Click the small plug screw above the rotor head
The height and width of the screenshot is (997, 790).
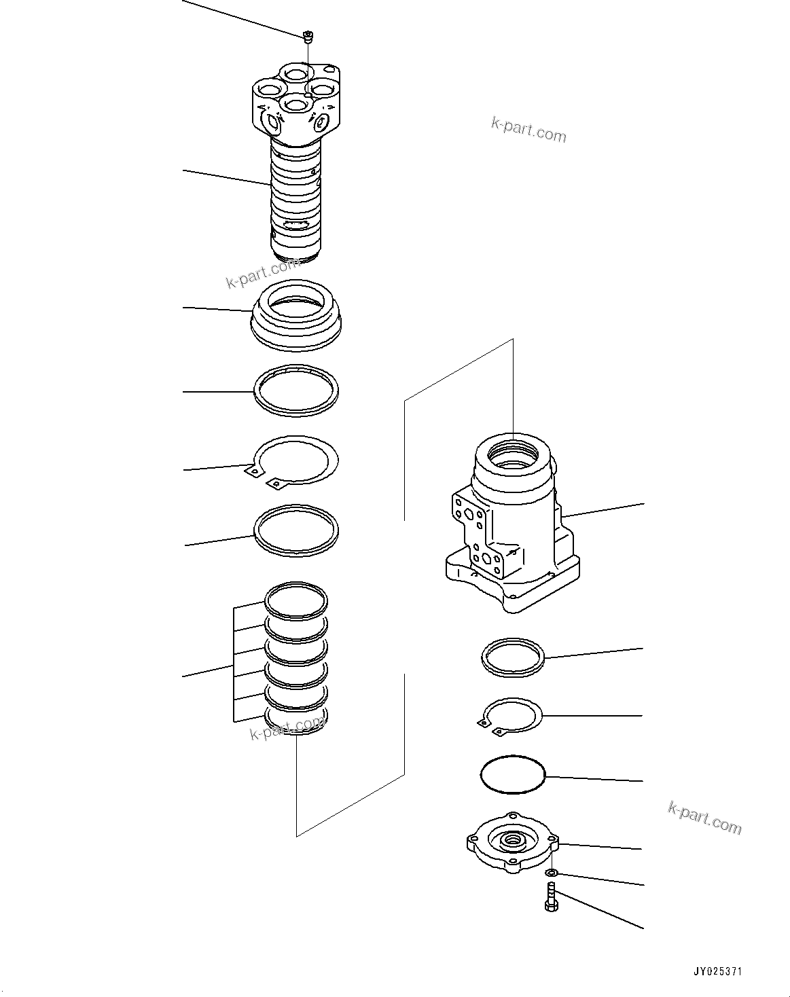[x=308, y=36]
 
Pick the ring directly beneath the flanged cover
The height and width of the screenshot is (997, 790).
[x=295, y=391]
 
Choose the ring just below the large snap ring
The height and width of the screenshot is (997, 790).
[x=295, y=530]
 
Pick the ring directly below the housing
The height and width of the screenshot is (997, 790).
[x=513, y=657]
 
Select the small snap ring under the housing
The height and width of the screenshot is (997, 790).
[x=513, y=715]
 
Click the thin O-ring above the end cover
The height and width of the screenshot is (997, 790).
[x=513, y=774]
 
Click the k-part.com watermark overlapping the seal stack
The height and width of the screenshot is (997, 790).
[x=287, y=729]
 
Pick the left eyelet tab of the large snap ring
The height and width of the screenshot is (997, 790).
[x=253, y=471]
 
